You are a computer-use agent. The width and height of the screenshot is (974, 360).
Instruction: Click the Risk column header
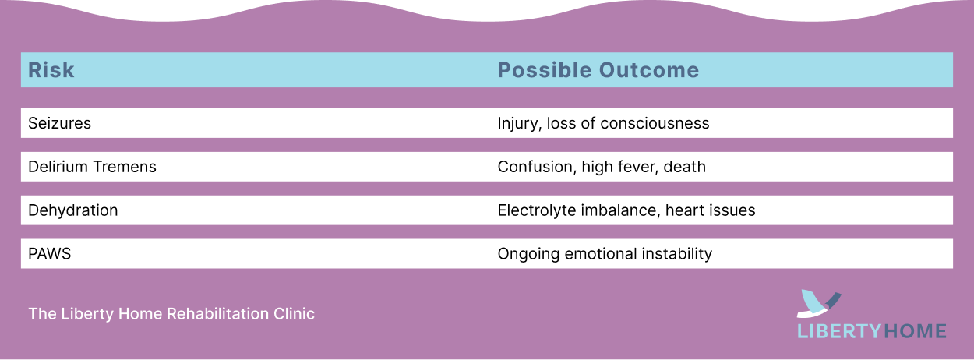point(51,70)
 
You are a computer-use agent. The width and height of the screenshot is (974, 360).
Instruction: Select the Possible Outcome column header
point(598,70)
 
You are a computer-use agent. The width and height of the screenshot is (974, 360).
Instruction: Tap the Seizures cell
point(59,123)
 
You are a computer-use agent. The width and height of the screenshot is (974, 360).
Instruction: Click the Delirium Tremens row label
point(92,167)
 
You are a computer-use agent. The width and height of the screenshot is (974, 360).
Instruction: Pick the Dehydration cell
point(73,210)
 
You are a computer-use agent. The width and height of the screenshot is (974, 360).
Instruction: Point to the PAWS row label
point(50,254)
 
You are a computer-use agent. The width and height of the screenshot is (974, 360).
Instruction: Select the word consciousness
point(655,123)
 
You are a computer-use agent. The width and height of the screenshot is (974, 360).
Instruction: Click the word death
point(684,167)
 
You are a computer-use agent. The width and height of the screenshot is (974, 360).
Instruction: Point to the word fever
point(637,168)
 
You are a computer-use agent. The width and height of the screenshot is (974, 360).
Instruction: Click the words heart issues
point(711,210)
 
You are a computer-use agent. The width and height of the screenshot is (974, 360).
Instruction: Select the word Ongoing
point(528,254)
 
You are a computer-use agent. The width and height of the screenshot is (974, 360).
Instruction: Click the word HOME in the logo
point(915,332)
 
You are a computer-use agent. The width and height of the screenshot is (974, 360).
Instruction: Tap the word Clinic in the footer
point(294,314)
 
